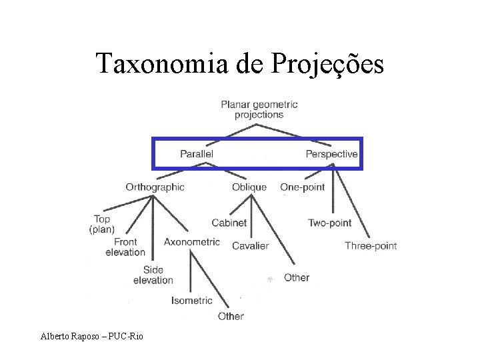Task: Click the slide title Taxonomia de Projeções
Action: pyautogui.click(x=240, y=64)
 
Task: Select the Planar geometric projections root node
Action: pyautogui.click(x=259, y=109)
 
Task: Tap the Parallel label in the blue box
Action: pyautogui.click(x=197, y=154)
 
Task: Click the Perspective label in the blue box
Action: pyautogui.click(x=331, y=154)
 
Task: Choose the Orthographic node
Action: pyautogui.click(x=155, y=187)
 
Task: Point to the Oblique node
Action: pyautogui.click(x=249, y=187)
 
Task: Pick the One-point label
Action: pyautogui.click(x=303, y=187)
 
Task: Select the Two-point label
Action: pyautogui.click(x=329, y=223)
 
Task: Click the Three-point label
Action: pyautogui.click(x=371, y=246)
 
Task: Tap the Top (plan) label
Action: pyautogui.click(x=102, y=224)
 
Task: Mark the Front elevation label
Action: pyautogui.click(x=125, y=247)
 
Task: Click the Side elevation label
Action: pyautogui.click(x=153, y=275)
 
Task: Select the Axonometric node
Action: pyautogui.click(x=191, y=241)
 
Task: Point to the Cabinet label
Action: pyautogui.click(x=229, y=223)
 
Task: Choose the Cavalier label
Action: pyautogui.click(x=251, y=246)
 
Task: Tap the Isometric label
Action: pyautogui.click(x=192, y=301)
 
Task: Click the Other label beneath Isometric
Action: pyautogui.click(x=231, y=316)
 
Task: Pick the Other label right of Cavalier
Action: pyautogui.click(x=297, y=277)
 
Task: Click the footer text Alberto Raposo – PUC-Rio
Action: pyautogui.click(x=91, y=335)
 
